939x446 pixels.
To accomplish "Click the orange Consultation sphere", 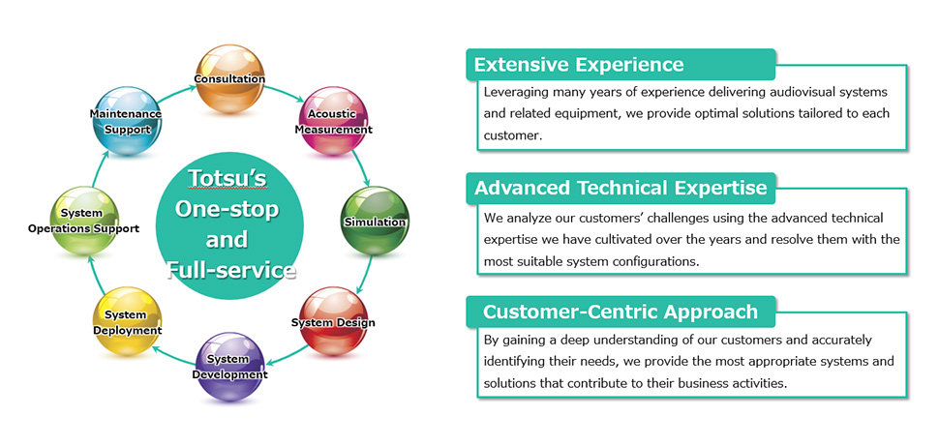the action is click(230, 78).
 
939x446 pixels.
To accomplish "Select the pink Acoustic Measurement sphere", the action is click(332, 121).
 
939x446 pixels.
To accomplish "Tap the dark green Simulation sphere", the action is click(375, 221).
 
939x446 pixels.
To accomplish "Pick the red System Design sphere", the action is click(333, 322).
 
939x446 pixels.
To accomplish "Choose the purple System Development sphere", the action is click(230, 367).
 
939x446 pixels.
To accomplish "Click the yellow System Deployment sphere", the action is click(128, 322).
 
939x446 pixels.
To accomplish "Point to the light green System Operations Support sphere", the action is click(84, 221).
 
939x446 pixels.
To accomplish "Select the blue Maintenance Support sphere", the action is click(128, 121).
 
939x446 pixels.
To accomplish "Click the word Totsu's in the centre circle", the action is click(227, 178).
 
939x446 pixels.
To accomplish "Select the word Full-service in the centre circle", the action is click(230, 271).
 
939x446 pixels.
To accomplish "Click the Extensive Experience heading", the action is click(579, 65).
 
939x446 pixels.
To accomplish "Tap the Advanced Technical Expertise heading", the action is click(621, 188).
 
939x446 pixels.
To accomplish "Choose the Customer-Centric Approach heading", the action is click(621, 312).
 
